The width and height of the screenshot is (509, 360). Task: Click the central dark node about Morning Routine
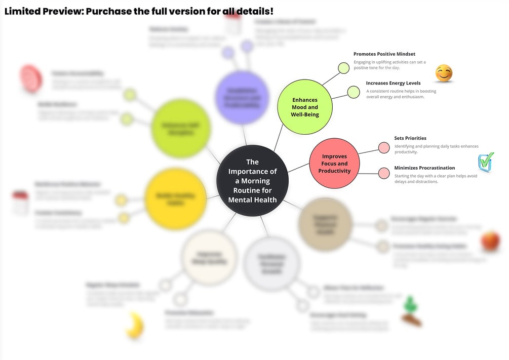click(x=252, y=181)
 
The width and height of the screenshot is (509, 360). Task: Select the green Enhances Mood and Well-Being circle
click(x=305, y=107)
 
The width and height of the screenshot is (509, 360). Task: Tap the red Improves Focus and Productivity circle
click(x=334, y=164)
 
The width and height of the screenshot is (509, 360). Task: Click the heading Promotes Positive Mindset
click(x=384, y=54)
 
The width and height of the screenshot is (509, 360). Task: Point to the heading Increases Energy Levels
click(x=393, y=83)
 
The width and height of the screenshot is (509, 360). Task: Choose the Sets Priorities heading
click(x=410, y=138)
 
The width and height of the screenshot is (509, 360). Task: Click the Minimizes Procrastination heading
click(x=424, y=168)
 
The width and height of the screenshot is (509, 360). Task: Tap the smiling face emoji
click(x=444, y=73)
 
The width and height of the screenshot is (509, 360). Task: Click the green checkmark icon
click(x=486, y=162)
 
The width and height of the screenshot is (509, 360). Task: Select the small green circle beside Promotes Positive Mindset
click(x=344, y=68)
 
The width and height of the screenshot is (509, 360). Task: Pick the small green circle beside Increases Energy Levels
click(x=353, y=92)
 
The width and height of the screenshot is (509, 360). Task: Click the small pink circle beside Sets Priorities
click(x=384, y=148)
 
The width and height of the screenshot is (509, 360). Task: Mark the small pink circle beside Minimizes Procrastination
click(x=384, y=173)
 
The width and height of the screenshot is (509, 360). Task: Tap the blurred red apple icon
click(x=490, y=241)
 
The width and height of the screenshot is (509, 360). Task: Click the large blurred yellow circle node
click(x=175, y=198)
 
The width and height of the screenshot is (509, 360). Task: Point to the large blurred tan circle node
click(x=325, y=224)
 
